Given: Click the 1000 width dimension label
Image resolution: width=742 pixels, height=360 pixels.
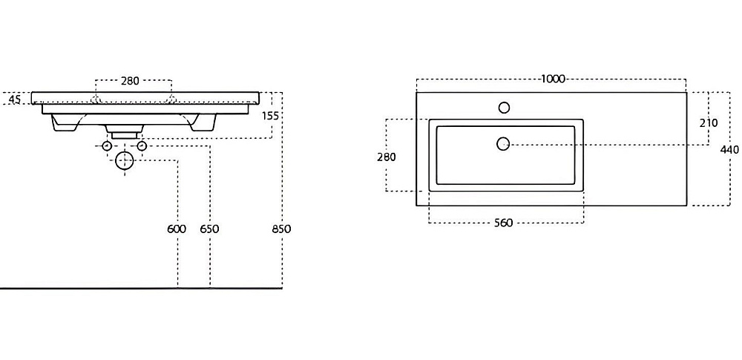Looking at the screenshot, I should point(554,79).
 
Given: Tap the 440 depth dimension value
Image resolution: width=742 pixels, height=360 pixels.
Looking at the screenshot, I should point(730,149).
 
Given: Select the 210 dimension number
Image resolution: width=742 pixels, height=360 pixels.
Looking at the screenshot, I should point(708,122).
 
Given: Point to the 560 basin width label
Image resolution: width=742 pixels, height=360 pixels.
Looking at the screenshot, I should point(504,223).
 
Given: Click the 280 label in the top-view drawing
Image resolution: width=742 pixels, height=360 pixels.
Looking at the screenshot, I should point(387,157).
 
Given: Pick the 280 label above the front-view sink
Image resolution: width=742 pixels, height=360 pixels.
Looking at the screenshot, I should point(130,81).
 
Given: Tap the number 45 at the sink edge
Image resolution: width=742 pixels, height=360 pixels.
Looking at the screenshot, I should point(13,99).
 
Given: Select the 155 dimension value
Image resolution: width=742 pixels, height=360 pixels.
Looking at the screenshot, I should point(270,115).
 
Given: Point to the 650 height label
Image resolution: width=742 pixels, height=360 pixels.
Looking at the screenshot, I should point(209,229).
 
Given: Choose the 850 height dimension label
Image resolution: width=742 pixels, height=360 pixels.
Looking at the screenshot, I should point(281,229).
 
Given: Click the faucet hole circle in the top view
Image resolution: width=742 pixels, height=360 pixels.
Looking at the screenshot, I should point(504,108).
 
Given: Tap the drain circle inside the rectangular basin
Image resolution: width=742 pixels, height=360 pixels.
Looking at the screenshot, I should point(502,144).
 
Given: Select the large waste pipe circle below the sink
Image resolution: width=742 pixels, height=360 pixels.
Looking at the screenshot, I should point(124,160).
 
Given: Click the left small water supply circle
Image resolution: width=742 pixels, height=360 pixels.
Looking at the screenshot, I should point(106,146).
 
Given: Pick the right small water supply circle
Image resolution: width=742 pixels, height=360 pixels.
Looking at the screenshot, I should point(142,146).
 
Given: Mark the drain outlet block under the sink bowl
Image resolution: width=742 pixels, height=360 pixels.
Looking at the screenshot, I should point(124,131).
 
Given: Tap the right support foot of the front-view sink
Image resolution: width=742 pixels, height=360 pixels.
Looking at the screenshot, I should point(202,125).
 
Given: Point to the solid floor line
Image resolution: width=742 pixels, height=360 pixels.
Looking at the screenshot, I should point(141,288).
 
